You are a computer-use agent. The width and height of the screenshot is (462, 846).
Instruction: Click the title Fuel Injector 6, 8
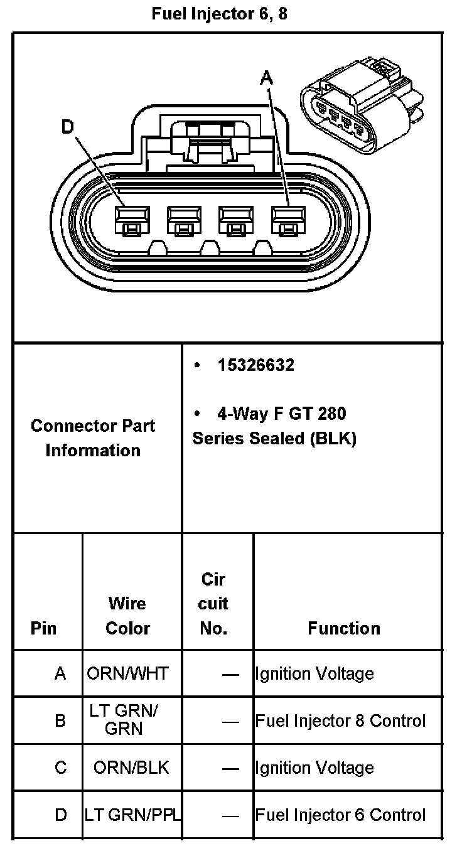tap(219, 14)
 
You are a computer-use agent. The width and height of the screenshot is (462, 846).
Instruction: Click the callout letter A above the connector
tap(267, 78)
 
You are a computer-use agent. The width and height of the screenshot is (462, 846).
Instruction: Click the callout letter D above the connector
tap(68, 127)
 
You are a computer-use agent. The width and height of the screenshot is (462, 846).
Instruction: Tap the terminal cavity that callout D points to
tap(132, 220)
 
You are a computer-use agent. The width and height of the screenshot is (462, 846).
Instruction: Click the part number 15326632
tap(255, 365)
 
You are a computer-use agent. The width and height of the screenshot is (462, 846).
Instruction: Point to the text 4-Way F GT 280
tap(281, 414)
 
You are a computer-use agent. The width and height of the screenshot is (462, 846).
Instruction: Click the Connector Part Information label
tap(93, 438)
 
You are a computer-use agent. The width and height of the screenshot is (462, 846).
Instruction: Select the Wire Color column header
tap(127, 616)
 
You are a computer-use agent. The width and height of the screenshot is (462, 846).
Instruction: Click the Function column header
tap(344, 628)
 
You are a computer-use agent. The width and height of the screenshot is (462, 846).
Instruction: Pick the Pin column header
tap(43, 628)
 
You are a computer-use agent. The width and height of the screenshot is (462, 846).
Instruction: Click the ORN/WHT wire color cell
tap(128, 673)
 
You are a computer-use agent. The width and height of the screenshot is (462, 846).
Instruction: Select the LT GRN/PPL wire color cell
tap(132, 815)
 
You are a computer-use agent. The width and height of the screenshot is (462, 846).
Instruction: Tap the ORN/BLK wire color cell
tap(131, 768)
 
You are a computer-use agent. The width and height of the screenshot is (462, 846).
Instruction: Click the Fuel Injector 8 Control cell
tap(340, 720)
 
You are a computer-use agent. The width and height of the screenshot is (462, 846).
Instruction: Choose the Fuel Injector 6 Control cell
tap(340, 815)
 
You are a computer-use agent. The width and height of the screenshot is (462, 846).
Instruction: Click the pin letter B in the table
tap(60, 720)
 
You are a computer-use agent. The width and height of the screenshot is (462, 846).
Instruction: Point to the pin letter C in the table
tap(60, 768)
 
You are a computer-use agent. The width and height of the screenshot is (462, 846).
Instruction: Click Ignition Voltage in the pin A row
tap(314, 673)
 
